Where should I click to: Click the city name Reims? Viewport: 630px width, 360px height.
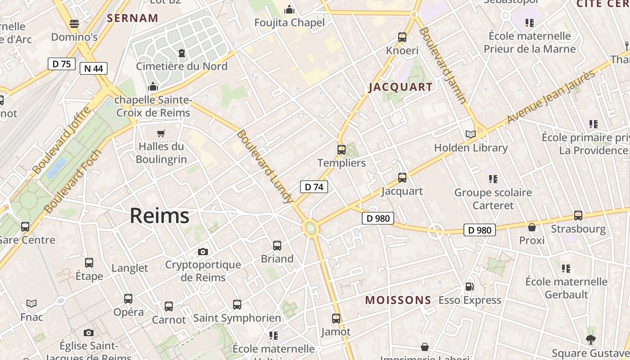point(159,216)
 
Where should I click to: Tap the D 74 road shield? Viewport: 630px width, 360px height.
point(314,187)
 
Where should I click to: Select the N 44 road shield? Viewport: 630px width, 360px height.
point(93,68)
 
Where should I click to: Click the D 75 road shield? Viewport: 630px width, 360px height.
point(61,64)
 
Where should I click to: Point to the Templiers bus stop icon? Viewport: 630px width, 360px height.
point(342,150)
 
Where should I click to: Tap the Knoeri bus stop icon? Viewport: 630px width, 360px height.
point(402,37)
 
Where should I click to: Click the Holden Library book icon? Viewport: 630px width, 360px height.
point(470,134)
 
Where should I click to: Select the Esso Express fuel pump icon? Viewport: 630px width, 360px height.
point(469,287)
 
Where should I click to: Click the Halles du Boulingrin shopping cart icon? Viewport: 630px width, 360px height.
point(161,133)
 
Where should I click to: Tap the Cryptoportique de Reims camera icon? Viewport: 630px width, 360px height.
point(203,252)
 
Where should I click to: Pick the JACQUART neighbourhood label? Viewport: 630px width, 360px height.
point(400,87)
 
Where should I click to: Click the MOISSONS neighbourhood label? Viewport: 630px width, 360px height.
point(398,300)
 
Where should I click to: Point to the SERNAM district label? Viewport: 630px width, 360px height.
point(132,18)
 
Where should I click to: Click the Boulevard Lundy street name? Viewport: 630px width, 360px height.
point(265,167)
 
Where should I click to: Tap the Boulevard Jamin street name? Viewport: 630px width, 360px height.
point(443,65)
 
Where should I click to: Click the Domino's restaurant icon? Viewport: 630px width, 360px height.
point(74,23)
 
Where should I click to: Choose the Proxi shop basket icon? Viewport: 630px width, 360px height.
point(532,227)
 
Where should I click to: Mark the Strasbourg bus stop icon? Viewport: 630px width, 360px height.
point(578,216)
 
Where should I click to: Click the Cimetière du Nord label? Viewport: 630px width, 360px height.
point(182,66)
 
